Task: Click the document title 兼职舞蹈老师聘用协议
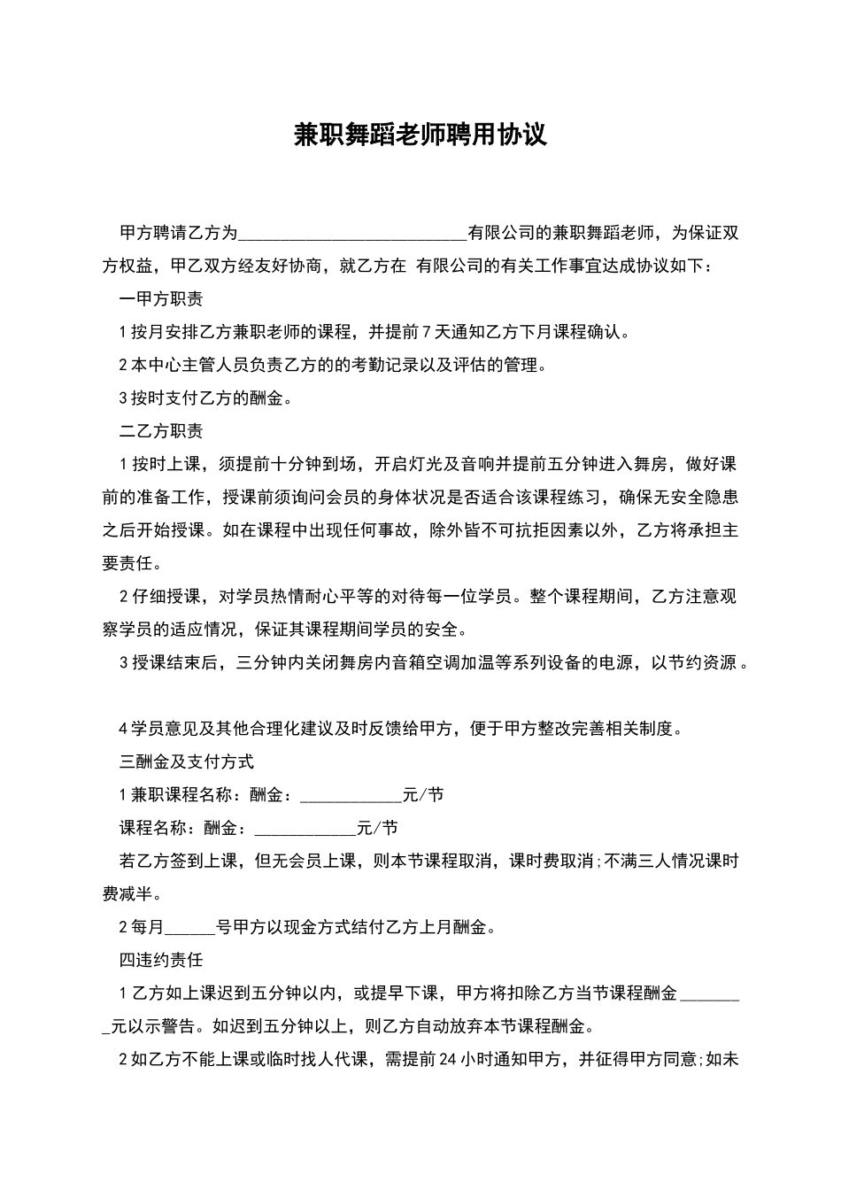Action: coord(420,135)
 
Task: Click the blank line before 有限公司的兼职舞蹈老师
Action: coord(352,234)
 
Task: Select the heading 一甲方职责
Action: coord(161,299)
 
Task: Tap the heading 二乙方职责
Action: coord(161,431)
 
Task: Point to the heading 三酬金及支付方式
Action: coord(186,761)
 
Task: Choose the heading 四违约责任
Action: coord(161,960)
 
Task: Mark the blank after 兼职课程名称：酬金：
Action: coord(351,795)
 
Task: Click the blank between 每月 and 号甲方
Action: coord(189,928)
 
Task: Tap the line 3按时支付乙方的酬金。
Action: coord(205,398)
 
